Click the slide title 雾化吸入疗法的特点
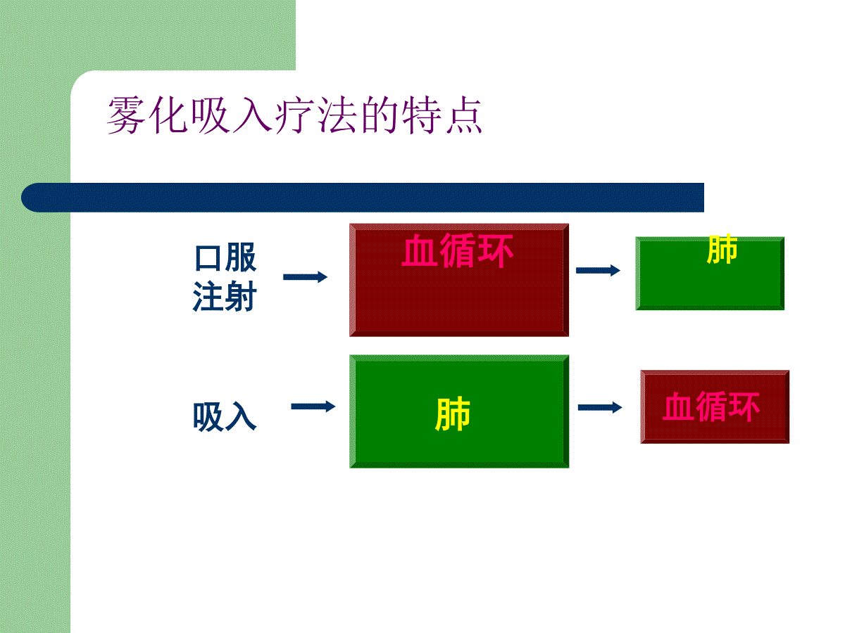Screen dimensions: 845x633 click(294, 115)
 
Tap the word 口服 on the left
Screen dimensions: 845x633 click(225, 257)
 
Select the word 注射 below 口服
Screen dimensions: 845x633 click(225, 296)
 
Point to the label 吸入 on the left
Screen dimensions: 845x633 click(225, 416)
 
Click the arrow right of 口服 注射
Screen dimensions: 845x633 click(306, 276)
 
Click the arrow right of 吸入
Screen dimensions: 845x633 click(313, 407)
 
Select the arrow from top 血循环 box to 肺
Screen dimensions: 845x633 click(598, 270)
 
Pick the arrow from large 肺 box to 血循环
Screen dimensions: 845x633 click(600, 407)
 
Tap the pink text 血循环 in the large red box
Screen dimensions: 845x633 click(457, 250)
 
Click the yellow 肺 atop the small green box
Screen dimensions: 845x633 click(722, 249)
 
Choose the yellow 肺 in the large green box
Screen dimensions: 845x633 click(453, 414)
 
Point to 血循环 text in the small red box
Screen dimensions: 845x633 click(711, 407)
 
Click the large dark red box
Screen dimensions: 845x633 click(459, 280)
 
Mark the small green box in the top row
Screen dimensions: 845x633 click(710, 274)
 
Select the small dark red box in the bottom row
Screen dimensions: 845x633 click(715, 407)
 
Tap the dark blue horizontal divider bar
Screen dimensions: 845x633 click(363, 198)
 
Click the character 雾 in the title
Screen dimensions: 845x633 click(125, 115)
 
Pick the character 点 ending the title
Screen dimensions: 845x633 click(464, 115)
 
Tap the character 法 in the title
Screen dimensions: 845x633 click(337, 115)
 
